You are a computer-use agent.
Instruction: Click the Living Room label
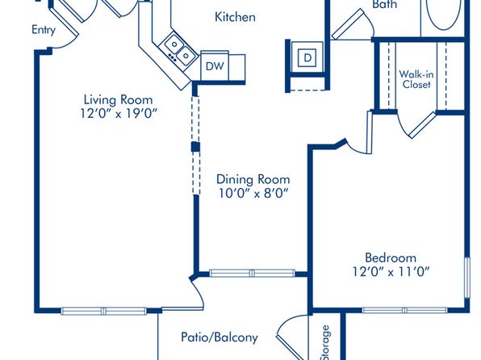pos(118,100)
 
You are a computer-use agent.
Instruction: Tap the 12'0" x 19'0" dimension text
pos(119,114)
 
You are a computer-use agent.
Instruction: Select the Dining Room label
pos(253,179)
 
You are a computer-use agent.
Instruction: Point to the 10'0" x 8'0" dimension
pos(253,194)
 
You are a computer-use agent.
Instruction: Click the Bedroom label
pos(391,257)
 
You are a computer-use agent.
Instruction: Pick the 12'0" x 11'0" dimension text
pos(391,271)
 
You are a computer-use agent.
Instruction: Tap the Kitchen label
pos(235,17)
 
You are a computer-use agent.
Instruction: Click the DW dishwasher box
pos(215,65)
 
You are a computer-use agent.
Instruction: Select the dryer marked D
pos(307,57)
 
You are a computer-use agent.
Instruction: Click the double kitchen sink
pos(180,50)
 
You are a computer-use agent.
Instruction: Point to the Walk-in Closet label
pos(416,79)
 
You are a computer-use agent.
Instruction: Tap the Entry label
pos(44,30)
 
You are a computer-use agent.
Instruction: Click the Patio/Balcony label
pos(220,337)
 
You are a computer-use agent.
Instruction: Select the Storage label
pos(324,342)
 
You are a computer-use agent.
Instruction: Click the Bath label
pos(384,4)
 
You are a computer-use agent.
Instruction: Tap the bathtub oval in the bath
pos(444,12)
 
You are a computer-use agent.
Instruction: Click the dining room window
pos(252,273)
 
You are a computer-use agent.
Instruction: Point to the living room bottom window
pos(103,311)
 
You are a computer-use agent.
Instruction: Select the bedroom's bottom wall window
pos(404,310)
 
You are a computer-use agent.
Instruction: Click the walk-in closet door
pos(422,125)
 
